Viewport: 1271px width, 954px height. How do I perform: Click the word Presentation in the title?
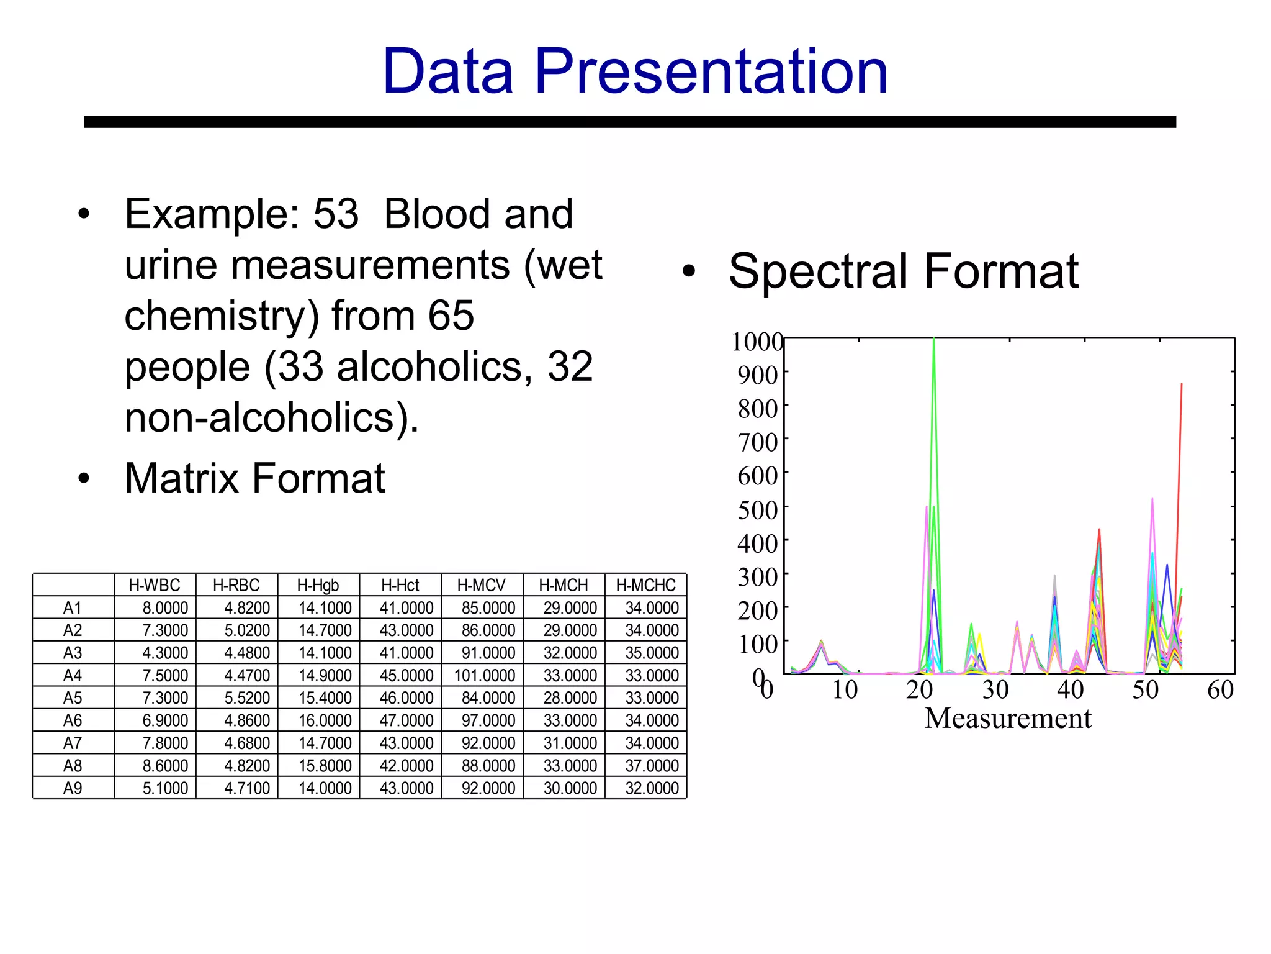tap(711, 72)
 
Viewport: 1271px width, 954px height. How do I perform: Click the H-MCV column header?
tap(481, 585)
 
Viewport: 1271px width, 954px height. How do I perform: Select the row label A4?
tap(73, 675)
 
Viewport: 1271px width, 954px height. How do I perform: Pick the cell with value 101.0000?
tap(484, 675)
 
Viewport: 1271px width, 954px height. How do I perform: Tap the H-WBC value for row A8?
tap(165, 765)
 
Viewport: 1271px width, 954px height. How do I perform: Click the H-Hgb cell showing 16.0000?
tap(325, 720)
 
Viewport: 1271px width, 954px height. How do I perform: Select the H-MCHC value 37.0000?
tap(652, 765)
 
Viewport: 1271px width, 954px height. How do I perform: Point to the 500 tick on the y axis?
tap(757, 510)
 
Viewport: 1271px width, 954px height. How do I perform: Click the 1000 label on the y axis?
tap(757, 342)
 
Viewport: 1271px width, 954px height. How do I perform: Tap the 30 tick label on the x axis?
tap(995, 690)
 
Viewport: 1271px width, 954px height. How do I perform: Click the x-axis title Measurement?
tap(1007, 719)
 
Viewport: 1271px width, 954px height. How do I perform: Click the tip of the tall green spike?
tap(934, 340)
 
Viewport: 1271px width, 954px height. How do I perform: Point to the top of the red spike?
tap(1181, 385)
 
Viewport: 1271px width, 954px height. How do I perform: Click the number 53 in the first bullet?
tap(336, 214)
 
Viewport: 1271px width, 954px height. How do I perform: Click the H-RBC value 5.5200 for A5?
tap(247, 698)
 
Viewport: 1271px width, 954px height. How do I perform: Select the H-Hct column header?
tap(400, 585)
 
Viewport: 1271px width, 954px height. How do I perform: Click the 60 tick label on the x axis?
tap(1220, 690)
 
